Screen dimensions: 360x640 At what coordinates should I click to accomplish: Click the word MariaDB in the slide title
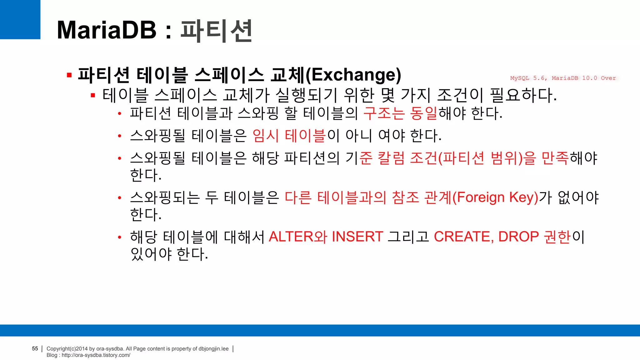click(107, 30)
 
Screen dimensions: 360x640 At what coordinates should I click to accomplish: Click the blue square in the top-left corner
click(20, 19)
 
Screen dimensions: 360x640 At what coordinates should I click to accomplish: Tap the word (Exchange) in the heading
click(353, 75)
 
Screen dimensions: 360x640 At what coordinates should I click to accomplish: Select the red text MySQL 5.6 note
click(528, 78)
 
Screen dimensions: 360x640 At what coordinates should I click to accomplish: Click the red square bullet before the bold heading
click(69, 75)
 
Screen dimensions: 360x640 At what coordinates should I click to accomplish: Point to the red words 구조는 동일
click(400, 113)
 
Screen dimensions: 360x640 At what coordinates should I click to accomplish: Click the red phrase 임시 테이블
click(289, 136)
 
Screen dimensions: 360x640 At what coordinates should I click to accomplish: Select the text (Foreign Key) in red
click(495, 197)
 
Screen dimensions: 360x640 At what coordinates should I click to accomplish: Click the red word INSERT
click(357, 237)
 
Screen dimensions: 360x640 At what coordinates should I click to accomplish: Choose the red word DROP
click(518, 237)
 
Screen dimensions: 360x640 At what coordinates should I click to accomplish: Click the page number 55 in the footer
click(35, 348)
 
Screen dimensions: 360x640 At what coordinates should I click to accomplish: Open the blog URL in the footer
click(96, 355)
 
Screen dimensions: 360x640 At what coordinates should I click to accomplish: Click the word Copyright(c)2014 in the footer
click(67, 349)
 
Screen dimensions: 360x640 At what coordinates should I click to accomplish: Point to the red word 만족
click(555, 158)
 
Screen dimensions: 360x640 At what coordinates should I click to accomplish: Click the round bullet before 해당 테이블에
click(119, 237)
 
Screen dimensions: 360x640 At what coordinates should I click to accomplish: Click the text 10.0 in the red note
click(589, 78)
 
